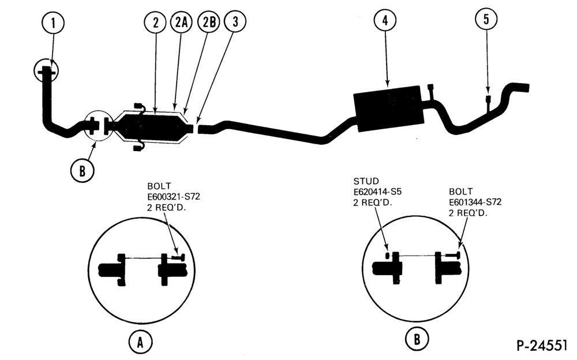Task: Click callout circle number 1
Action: [53, 23]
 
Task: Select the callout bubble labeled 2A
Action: [181, 22]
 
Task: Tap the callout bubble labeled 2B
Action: [209, 22]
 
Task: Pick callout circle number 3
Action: [235, 21]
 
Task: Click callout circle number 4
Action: [385, 20]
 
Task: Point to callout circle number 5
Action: [486, 19]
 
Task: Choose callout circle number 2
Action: [155, 22]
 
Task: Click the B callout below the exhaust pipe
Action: [83, 170]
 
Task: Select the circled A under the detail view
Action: [140, 342]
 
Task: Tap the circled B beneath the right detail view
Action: [417, 338]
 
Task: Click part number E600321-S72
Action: [174, 197]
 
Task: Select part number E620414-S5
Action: [377, 192]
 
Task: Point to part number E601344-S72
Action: [475, 202]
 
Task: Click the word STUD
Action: [366, 181]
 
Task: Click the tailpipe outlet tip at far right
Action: [524, 88]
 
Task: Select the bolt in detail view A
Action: [178, 258]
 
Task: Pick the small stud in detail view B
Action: [388, 256]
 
